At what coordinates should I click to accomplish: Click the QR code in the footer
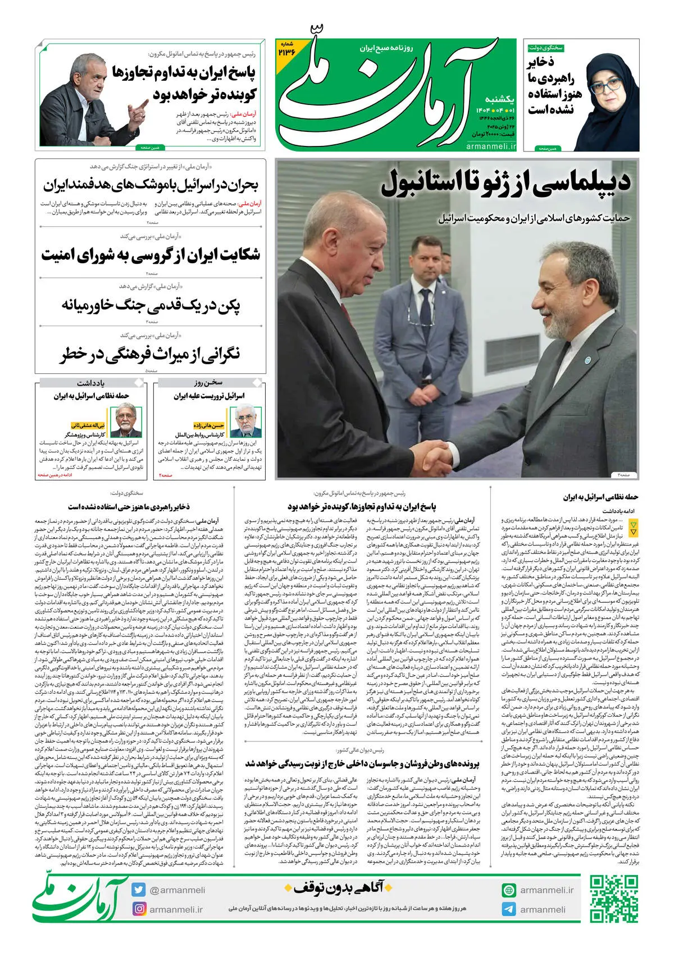pyautogui.click(x=614, y=899)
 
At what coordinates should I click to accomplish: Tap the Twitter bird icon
pyautogui.click(x=139, y=890)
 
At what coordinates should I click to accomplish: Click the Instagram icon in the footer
pyautogui.click(x=139, y=909)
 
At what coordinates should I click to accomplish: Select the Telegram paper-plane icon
pyautogui.click(x=509, y=909)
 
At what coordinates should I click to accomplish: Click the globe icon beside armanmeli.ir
pyautogui.click(x=509, y=890)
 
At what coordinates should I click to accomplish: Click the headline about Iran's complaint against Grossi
pyautogui.click(x=151, y=254)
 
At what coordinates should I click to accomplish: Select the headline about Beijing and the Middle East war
pyautogui.click(x=151, y=305)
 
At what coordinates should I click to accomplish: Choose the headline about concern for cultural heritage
pyautogui.click(x=151, y=354)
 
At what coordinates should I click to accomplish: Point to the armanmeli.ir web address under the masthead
pyautogui.click(x=490, y=146)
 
